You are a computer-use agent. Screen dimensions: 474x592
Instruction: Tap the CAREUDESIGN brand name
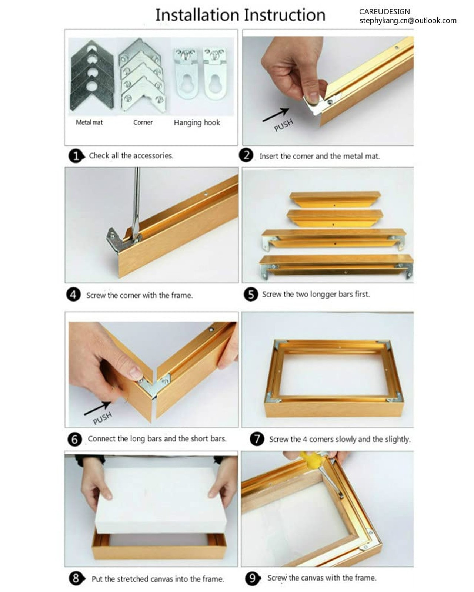click(384, 11)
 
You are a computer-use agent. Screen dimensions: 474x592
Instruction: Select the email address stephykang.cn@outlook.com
click(408, 21)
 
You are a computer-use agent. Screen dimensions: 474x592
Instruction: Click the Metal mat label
click(89, 122)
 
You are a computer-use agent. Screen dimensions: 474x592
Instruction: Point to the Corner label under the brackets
click(143, 122)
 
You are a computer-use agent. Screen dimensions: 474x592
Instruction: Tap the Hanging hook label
click(197, 122)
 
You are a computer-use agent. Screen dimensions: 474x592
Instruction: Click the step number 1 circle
click(76, 156)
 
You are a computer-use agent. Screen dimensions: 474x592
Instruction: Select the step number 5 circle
click(251, 295)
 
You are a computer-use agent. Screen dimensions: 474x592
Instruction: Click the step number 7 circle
click(257, 439)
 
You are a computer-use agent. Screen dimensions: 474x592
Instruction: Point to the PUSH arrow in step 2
click(276, 115)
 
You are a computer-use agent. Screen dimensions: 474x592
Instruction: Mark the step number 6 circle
click(75, 439)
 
